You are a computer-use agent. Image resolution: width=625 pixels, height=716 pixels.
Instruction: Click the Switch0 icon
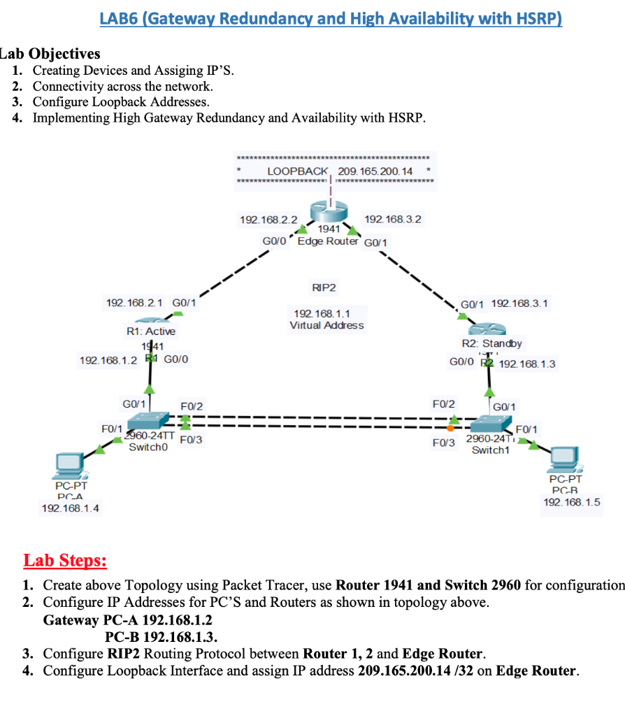[x=148, y=422]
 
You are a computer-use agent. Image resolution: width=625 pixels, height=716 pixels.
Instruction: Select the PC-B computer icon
[x=565, y=457]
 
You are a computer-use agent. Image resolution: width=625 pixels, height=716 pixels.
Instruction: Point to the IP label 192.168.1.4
[x=71, y=508]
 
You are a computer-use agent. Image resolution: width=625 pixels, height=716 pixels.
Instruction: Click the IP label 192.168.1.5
[x=571, y=502]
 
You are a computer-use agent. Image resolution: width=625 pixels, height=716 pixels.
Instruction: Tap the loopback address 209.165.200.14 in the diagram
[x=375, y=171]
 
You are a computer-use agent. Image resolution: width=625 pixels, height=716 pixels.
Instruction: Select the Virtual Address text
[x=326, y=325]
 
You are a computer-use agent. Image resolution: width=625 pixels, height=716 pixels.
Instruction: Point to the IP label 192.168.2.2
[x=268, y=220]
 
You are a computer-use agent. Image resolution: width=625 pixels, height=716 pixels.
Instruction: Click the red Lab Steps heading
[x=65, y=561]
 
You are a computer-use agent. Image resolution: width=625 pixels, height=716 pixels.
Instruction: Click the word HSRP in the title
[x=537, y=19]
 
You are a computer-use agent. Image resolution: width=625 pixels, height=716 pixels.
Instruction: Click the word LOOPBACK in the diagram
[x=298, y=171]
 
